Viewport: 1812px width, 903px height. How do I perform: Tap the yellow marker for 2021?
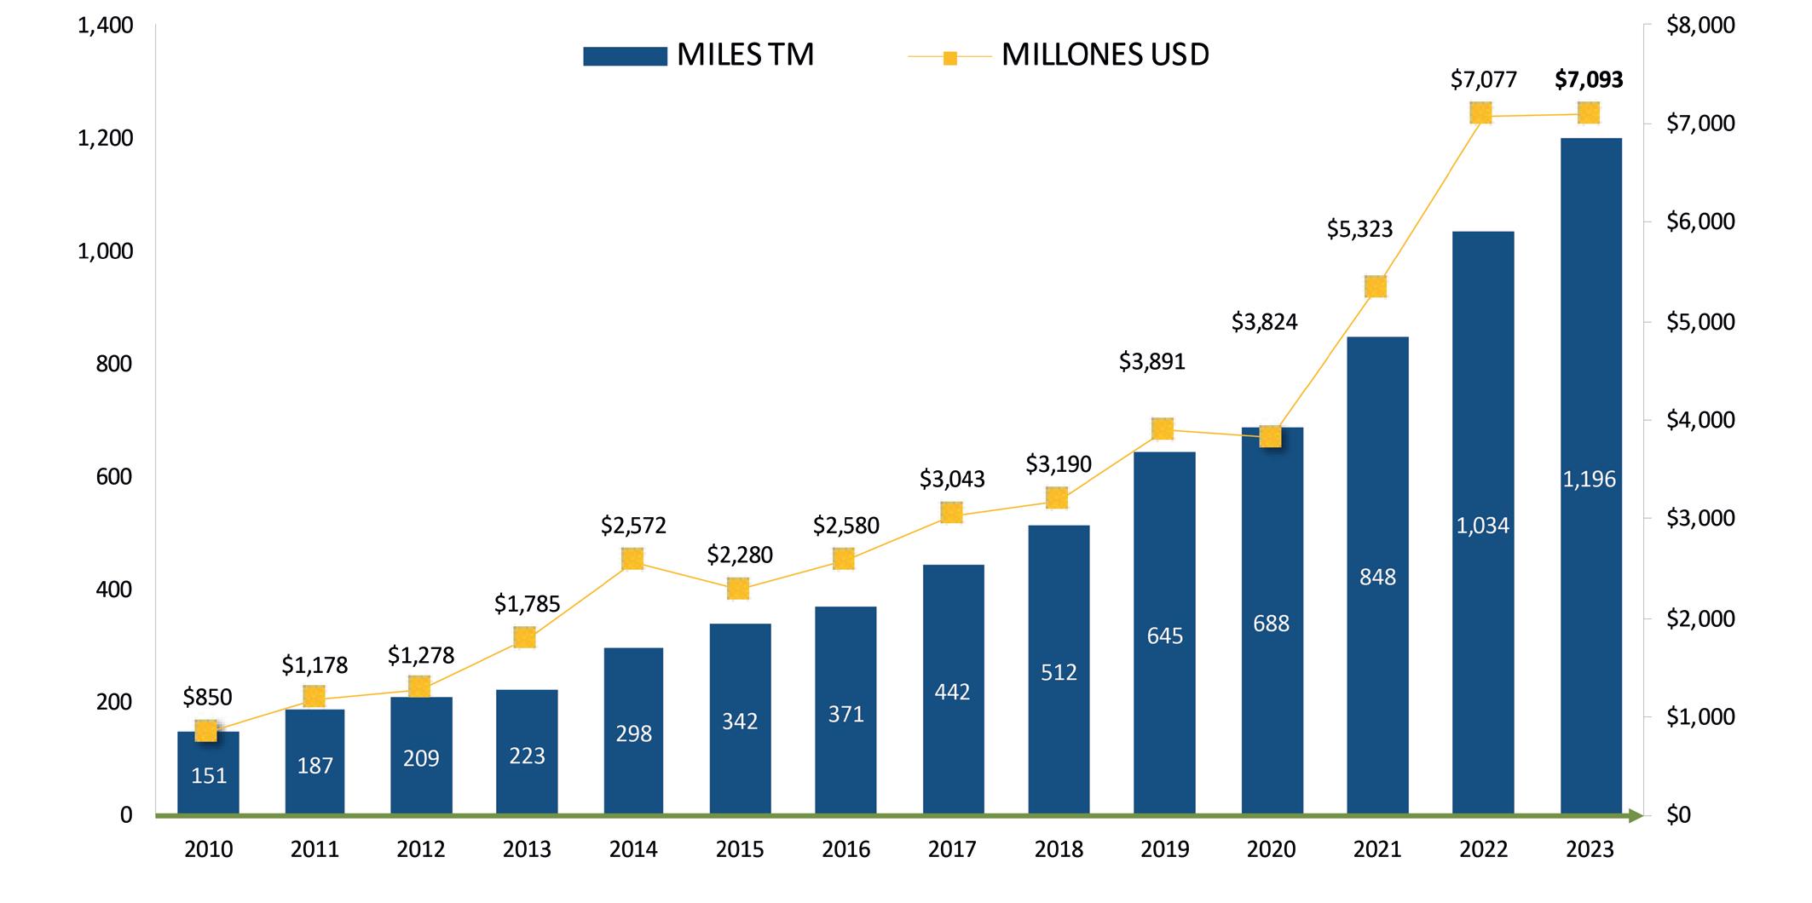pyautogui.click(x=1376, y=287)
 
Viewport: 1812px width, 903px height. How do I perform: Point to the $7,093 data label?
pyautogui.click(x=1589, y=80)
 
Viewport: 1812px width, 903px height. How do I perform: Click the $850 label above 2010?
pyautogui.click(x=207, y=698)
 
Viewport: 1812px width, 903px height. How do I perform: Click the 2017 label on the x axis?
pyautogui.click(x=952, y=849)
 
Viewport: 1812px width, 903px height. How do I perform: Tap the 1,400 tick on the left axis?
pyautogui.click(x=106, y=26)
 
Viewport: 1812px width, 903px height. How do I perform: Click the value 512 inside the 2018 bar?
pyautogui.click(x=1059, y=673)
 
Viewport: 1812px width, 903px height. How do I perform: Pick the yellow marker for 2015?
pyautogui.click(x=738, y=589)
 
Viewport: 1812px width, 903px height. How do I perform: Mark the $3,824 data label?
pyautogui.click(x=1264, y=322)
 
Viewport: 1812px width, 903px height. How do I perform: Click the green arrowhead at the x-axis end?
pyautogui.click(x=1635, y=816)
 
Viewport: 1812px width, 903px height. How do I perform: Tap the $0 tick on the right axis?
pyautogui.click(x=1677, y=815)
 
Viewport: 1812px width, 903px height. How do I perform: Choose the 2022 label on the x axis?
pyautogui.click(x=1483, y=849)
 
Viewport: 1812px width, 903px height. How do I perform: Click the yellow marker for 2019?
pyautogui.click(x=1163, y=428)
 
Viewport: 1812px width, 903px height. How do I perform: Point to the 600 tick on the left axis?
pyautogui.click(x=114, y=477)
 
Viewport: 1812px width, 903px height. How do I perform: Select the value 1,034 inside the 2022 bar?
pyautogui.click(x=1483, y=526)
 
